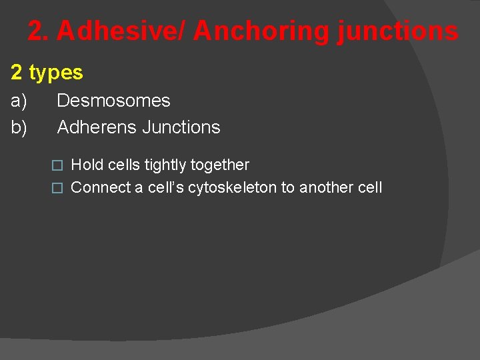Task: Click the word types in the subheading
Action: click(56, 73)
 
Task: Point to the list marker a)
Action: click(19, 101)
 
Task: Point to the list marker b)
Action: click(19, 127)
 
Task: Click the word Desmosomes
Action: click(113, 101)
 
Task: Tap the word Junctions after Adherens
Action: click(180, 127)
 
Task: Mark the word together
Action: click(221, 165)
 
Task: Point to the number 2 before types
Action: click(17, 73)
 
